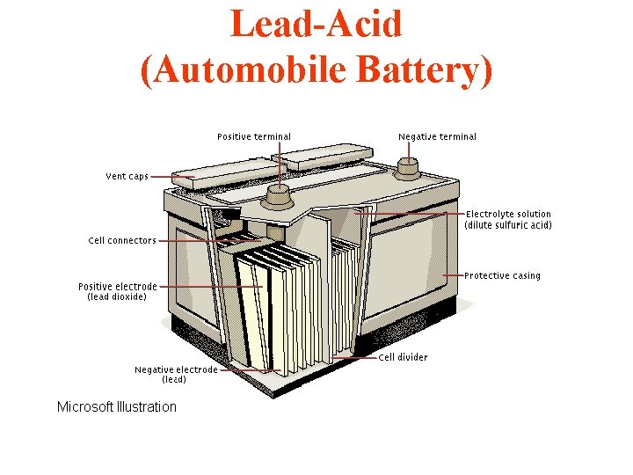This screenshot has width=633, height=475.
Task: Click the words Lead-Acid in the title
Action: (316, 24)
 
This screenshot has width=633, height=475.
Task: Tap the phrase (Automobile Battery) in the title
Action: (316, 70)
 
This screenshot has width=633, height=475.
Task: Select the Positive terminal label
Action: (254, 136)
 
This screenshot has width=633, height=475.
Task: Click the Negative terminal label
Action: (437, 136)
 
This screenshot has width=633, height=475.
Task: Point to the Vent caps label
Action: (127, 176)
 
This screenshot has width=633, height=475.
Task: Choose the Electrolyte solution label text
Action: (508, 214)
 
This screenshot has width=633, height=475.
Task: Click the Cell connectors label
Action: (122, 240)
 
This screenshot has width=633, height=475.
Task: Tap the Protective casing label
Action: (502, 275)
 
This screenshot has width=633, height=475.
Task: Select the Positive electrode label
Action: (118, 286)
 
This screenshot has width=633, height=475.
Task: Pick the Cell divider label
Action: (403, 357)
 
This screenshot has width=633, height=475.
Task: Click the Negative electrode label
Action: (175, 369)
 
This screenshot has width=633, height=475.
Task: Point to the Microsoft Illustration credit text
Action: (116, 406)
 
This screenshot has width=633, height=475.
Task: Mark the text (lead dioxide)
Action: (117, 297)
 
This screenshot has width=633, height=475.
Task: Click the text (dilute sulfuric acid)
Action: (508, 225)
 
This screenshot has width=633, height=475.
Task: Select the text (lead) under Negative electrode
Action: (174, 380)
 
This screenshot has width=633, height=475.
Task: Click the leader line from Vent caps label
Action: (171, 177)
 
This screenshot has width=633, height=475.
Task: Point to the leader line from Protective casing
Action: (453, 275)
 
